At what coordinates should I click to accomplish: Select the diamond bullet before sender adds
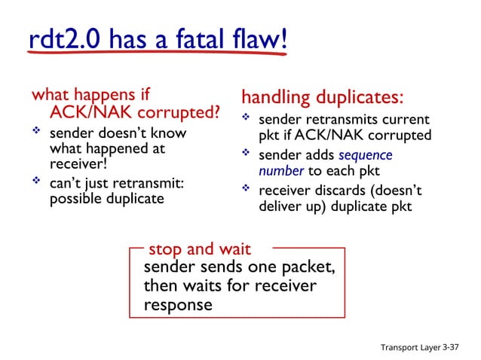246,154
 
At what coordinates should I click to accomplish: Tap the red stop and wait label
200,249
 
